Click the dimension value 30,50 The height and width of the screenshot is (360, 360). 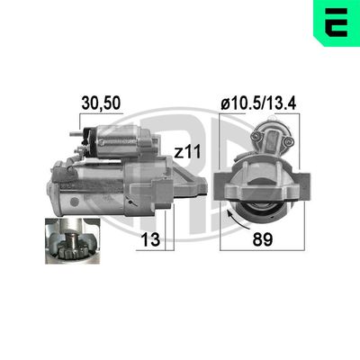(x=101, y=103)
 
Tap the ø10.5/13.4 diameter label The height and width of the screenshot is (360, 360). (x=258, y=103)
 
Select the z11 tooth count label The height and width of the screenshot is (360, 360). (x=187, y=152)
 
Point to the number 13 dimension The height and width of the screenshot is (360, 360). (x=150, y=239)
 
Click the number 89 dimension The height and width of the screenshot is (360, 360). (x=263, y=239)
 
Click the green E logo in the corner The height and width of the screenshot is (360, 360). (x=337, y=23)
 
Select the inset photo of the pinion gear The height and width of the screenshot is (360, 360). (x=73, y=241)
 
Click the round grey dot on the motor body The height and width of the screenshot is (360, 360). (x=74, y=201)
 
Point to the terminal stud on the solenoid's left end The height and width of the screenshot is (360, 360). (x=75, y=134)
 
